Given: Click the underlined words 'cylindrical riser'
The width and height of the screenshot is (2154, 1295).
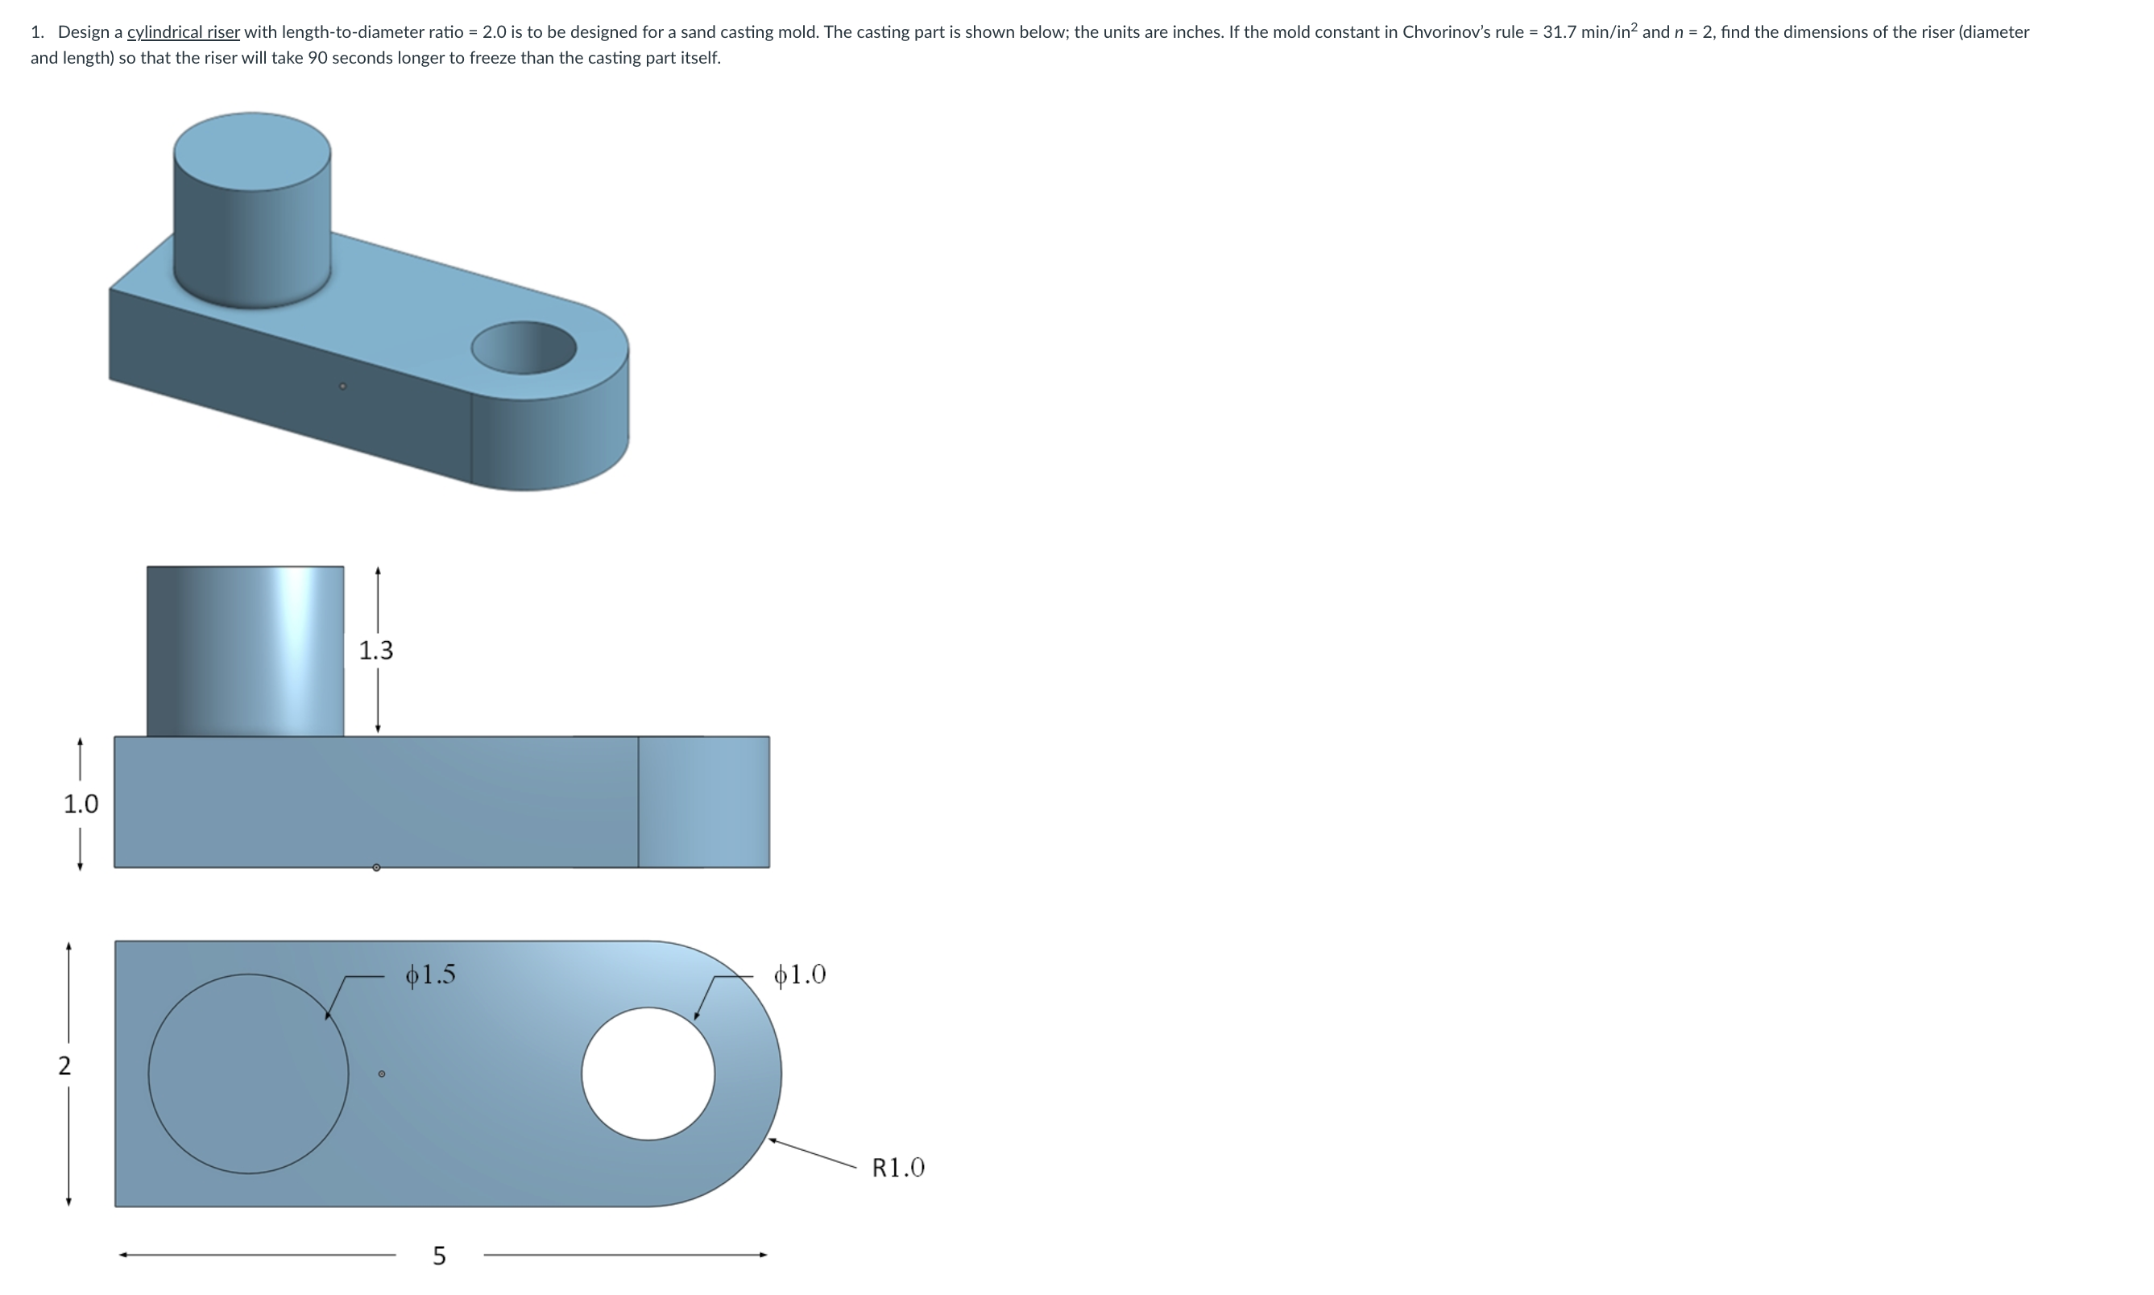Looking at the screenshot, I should point(184,32).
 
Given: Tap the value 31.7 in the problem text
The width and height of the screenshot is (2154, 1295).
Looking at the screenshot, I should point(1560,32).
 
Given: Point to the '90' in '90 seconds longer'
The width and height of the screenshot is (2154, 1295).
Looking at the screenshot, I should point(317,59).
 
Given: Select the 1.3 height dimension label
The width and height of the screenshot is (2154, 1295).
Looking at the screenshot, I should point(376,650).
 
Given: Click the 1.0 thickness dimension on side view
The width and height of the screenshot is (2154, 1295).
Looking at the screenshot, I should point(81,804).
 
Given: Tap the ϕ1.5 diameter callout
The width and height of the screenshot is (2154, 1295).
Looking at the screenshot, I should point(430,974).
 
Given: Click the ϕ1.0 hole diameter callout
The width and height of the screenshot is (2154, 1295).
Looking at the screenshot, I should point(799,974).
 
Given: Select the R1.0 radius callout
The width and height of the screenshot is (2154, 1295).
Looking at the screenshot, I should point(898,1168).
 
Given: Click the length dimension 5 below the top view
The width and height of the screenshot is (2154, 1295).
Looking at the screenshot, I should point(439,1256).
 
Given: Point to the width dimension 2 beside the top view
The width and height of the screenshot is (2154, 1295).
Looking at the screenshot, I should point(64,1065).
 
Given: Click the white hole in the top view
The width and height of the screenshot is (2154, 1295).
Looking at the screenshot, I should point(648,1074).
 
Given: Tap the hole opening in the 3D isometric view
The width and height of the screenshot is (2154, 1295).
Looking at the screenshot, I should point(524,347).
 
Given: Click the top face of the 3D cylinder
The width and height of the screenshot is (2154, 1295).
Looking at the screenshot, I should point(252,150).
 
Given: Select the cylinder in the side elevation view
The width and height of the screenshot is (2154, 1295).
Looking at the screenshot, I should point(245,651).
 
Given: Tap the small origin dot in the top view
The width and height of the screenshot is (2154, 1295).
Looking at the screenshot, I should point(381,1074).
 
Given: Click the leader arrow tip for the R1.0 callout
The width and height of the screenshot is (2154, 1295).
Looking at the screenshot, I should point(771,1139).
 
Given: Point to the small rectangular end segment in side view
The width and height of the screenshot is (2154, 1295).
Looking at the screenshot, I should point(703,802).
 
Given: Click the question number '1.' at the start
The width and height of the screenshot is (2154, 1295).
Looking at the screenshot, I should point(37,32).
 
